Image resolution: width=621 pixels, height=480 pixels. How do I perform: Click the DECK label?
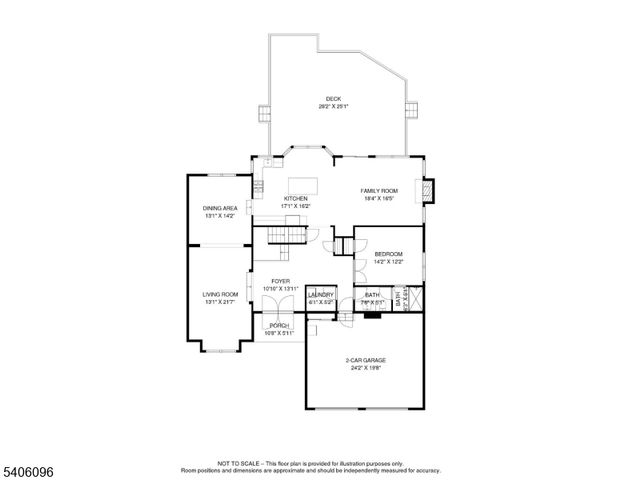coord(333,98)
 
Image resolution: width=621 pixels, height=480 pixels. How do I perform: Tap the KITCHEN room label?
coord(296,199)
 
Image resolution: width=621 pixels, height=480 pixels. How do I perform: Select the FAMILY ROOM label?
coord(379,190)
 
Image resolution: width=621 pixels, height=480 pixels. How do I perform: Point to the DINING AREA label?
coord(220,208)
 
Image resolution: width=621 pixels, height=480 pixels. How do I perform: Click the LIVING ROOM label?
coord(220,294)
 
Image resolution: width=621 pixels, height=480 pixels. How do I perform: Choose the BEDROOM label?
coord(389,254)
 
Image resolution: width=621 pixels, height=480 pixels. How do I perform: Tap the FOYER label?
coord(281,282)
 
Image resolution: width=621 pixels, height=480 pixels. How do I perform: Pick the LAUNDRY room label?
coord(321,295)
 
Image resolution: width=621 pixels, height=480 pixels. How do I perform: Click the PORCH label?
coord(279,325)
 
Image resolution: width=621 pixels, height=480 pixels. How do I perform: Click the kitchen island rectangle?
coord(303,184)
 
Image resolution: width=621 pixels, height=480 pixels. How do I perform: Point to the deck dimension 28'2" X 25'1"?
coord(333,106)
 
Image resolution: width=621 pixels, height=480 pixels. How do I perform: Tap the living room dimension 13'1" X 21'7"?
coord(220,302)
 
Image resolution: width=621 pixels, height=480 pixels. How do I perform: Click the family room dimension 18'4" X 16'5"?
coord(379,198)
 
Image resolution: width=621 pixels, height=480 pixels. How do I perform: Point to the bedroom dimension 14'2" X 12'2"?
coord(389,262)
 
